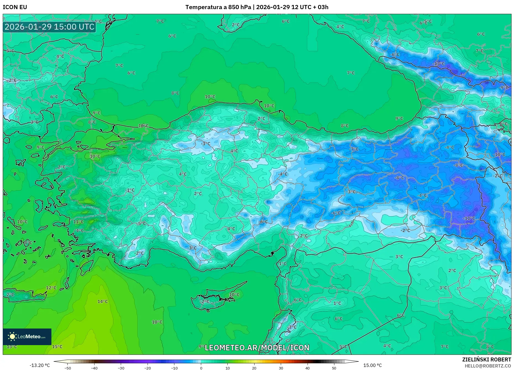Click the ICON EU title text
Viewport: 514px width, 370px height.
tap(15, 7)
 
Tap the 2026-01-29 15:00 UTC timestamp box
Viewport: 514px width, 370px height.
tap(49, 27)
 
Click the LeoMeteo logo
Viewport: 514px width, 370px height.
tap(27, 337)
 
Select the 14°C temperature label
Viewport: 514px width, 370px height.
tap(103, 301)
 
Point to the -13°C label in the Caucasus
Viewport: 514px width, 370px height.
tap(439, 64)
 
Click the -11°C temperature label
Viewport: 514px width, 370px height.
tap(469, 218)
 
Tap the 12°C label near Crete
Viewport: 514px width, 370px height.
tap(51, 288)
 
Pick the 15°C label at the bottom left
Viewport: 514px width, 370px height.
tap(57, 347)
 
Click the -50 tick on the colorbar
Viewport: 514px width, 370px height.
tap(68, 368)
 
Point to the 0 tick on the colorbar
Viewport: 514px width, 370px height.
tap(201, 368)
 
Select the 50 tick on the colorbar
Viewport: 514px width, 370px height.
tap(334, 368)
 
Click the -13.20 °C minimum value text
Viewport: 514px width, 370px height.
tap(40, 365)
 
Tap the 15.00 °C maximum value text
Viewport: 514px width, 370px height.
tap(372, 365)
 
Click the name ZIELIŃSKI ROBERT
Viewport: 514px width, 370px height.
tap(486, 359)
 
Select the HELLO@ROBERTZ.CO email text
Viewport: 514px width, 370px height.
tap(487, 366)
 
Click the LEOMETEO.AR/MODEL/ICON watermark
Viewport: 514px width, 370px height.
tap(257, 348)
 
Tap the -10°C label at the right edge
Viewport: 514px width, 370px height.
tap(499, 155)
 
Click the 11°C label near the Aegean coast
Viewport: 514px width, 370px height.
tap(78, 222)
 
